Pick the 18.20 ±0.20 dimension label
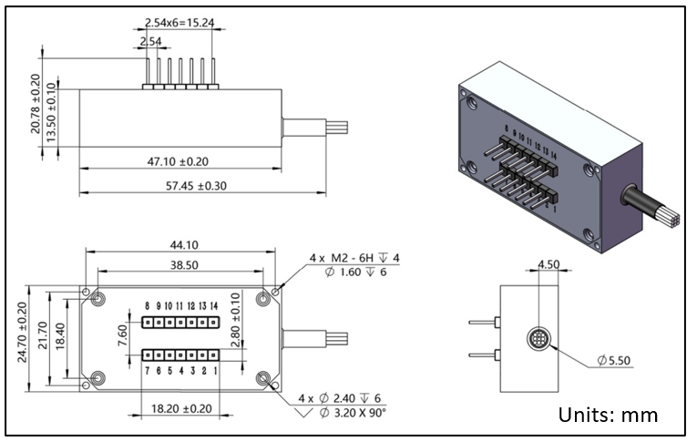(x=180, y=410)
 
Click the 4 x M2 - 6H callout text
(x=354, y=258)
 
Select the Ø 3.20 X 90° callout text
(x=353, y=413)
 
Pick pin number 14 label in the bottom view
(x=214, y=306)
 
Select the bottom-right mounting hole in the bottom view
(x=264, y=377)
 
